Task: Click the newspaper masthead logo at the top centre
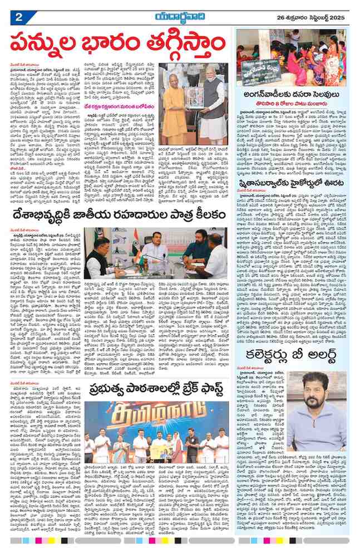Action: coord(179,16)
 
